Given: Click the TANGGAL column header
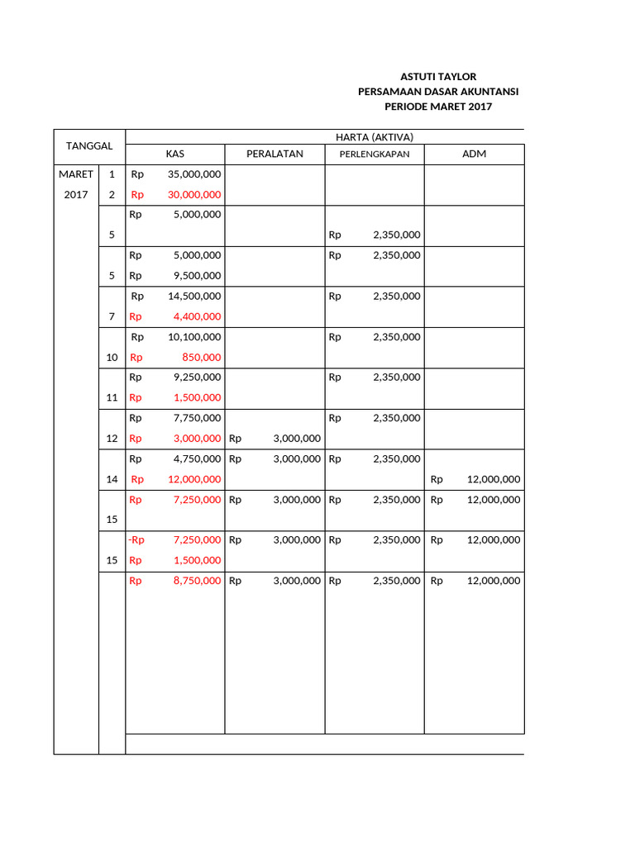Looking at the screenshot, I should pyautogui.click(x=89, y=146).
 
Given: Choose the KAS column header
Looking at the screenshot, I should pyautogui.click(x=174, y=154).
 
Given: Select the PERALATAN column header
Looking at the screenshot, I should pyautogui.click(x=275, y=154).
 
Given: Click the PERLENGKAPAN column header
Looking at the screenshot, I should pyautogui.click(x=375, y=154).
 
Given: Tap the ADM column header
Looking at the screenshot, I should pyautogui.click(x=474, y=154).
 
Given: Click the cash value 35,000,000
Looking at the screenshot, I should pyautogui.click(x=194, y=174).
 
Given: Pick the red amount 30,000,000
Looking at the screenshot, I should pyautogui.click(x=194, y=195).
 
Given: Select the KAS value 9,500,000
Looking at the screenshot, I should pyautogui.click(x=197, y=276).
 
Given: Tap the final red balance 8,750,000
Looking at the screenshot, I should pyautogui.click(x=197, y=581).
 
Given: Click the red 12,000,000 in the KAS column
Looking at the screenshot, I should pyautogui.click(x=194, y=479).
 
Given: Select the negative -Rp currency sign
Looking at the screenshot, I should pyautogui.click(x=136, y=540).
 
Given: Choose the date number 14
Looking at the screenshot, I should pyautogui.click(x=112, y=479).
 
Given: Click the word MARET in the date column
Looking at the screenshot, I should pyautogui.click(x=75, y=174).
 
